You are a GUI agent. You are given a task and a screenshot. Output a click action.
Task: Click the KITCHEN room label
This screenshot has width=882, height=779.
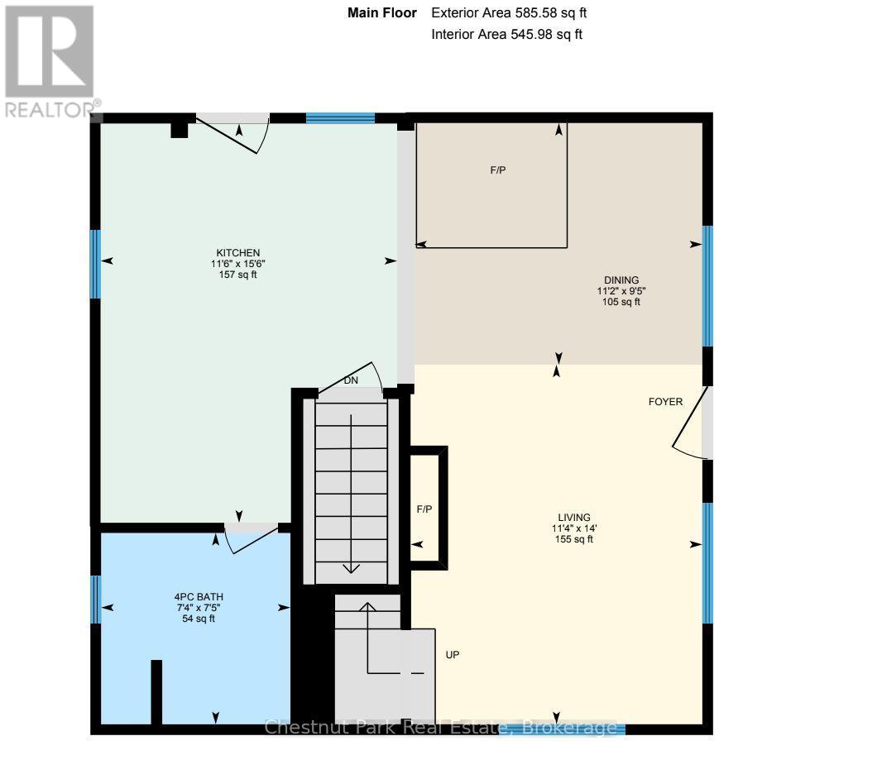coord(238,252)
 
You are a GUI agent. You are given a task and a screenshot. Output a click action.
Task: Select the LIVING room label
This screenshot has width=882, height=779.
coord(573,518)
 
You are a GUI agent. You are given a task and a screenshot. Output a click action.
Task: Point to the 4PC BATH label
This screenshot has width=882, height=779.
coord(198,596)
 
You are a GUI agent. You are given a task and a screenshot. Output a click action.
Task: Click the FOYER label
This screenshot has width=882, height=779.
coord(665,402)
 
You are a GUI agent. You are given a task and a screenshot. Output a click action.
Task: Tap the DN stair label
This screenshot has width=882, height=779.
coord(351,382)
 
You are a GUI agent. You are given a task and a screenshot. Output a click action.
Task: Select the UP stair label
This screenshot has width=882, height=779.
coord(453,654)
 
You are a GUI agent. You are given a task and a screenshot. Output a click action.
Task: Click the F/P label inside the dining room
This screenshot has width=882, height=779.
coord(497,170)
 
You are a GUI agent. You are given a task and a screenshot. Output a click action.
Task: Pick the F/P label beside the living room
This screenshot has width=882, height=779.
coord(424,509)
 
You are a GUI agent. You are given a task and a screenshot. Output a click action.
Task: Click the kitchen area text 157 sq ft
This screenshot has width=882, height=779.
coord(238,275)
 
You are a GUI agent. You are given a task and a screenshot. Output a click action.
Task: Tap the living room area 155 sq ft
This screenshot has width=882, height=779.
coord(573,539)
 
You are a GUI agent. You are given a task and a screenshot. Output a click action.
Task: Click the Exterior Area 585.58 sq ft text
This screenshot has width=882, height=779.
coord(509,13)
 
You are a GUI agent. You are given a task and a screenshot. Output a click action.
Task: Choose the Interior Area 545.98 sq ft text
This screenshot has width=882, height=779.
coord(507,35)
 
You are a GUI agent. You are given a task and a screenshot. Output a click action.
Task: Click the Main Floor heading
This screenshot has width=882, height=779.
coord(381,13)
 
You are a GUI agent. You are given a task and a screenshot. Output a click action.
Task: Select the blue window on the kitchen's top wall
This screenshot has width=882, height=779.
coord(340,118)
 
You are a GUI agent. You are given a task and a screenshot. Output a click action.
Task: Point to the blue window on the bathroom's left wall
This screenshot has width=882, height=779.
coord(95,599)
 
